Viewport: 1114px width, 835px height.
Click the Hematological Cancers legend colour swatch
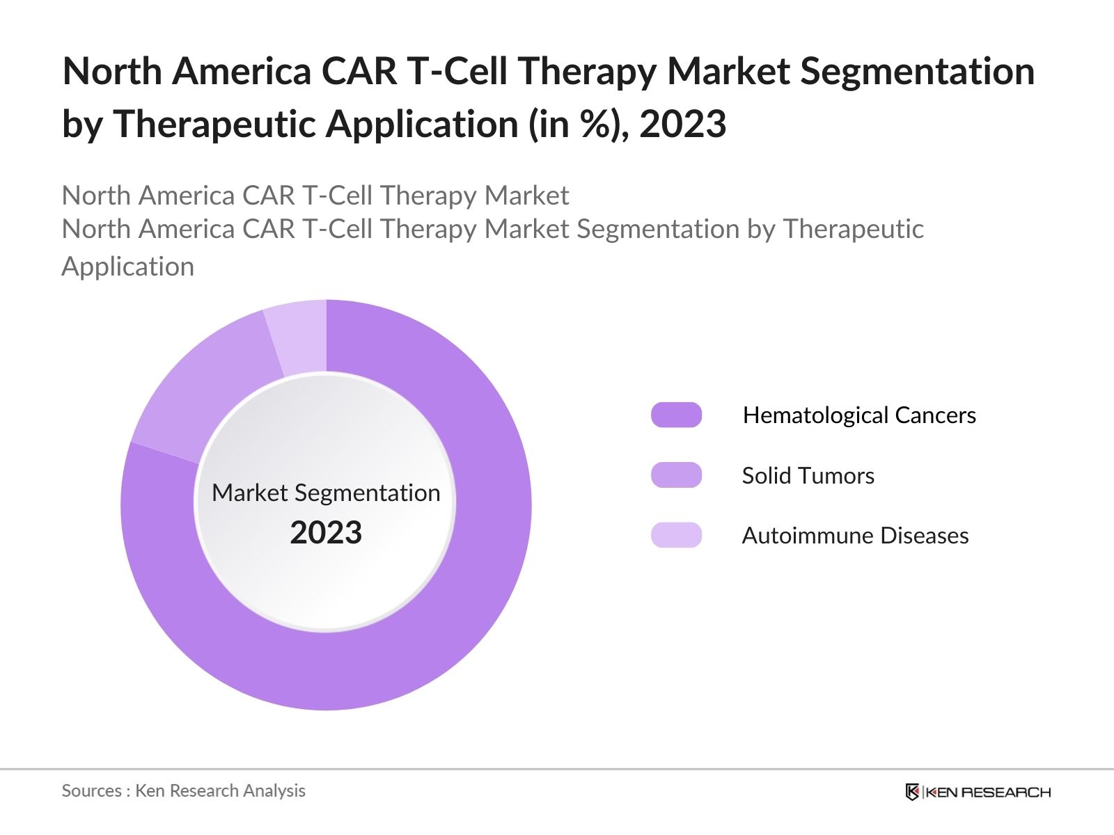pyautogui.click(x=676, y=415)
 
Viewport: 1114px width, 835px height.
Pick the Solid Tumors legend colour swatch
pyautogui.click(x=676, y=475)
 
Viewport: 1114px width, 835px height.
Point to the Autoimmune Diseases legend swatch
pyautogui.click(x=676, y=535)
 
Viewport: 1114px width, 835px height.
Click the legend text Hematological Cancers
pyautogui.click(x=859, y=415)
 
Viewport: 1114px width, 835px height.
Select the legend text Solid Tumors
pyautogui.click(x=808, y=476)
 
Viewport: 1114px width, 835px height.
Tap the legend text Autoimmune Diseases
pyautogui.click(x=855, y=536)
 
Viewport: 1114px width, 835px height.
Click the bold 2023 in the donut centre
pyautogui.click(x=326, y=533)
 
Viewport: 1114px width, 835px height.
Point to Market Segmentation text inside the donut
pyautogui.click(x=326, y=493)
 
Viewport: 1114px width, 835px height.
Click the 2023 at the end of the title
pyautogui.click(x=682, y=125)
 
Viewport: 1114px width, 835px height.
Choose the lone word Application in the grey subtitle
pyautogui.click(x=128, y=267)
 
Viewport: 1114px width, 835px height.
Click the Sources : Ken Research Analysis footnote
pyautogui.click(x=184, y=790)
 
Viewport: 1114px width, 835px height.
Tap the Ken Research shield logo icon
pyautogui.click(x=912, y=792)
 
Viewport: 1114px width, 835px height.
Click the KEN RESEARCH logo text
pyautogui.click(x=988, y=792)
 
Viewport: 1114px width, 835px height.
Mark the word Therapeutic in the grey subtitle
pyautogui.click(x=854, y=229)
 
